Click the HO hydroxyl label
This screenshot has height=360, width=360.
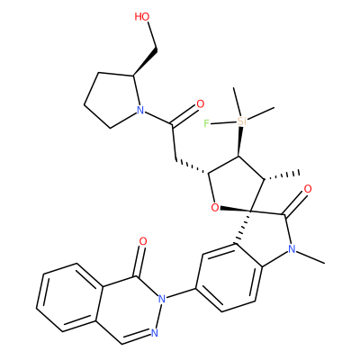142,17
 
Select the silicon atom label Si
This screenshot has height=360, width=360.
241,121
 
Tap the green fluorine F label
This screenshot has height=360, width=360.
206,123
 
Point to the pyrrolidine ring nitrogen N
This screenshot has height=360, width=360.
139,111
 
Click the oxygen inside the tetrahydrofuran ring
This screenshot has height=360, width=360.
215,207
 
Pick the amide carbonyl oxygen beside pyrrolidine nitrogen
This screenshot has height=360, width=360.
200,103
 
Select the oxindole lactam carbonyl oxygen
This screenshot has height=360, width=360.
308,189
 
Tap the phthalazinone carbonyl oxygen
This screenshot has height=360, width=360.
143,241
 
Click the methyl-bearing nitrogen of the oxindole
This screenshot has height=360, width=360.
291,248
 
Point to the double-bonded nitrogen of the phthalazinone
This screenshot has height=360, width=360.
155,332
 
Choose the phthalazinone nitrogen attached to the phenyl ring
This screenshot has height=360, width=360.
162,298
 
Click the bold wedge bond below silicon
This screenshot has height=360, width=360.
239,141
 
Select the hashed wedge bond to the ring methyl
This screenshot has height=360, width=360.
282,175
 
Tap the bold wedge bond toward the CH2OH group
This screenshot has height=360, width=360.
145,61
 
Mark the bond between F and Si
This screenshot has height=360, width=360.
222,122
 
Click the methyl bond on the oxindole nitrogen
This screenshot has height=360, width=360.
310,256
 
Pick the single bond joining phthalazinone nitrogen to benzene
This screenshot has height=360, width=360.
181,293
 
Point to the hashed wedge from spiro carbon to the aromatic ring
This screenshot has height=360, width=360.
244,227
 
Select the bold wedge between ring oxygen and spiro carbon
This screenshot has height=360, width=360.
236,209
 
